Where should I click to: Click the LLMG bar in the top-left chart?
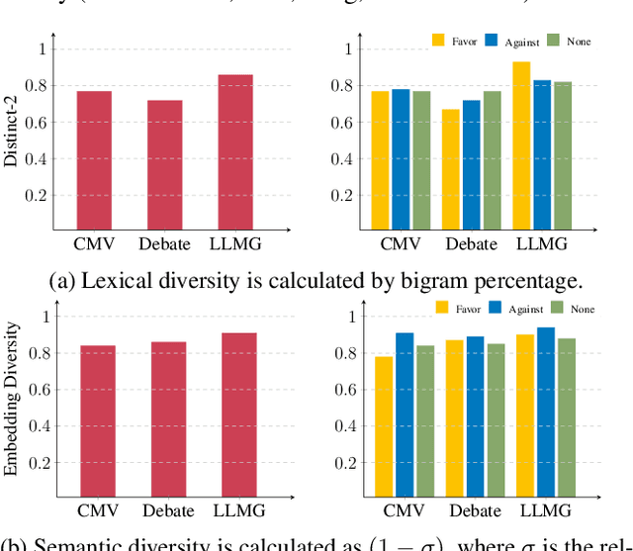(236, 151)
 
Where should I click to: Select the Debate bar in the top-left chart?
(164, 164)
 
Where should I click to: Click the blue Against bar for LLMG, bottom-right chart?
(545, 411)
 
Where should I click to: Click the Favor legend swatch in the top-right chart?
(439, 40)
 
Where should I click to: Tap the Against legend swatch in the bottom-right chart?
(497, 308)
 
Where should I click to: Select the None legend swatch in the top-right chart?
(554, 40)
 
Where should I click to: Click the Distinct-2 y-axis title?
(11, 138)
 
